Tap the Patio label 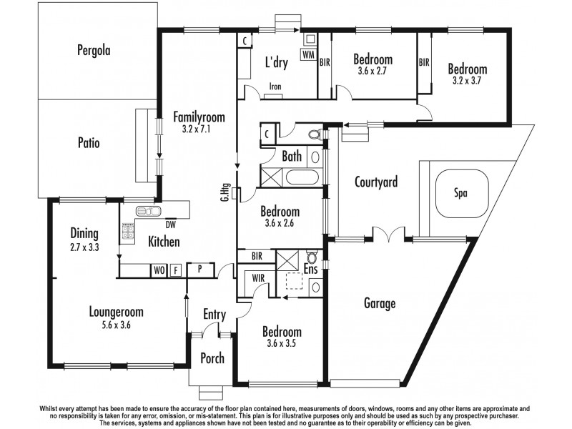click(89, 143)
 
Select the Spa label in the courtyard click(462, 192)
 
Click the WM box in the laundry click(308, 54)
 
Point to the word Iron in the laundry click(275, 87)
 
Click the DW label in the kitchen click(170, 223)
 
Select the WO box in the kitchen click(157, 270)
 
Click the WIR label click(259, 279)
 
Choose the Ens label click(310, 270)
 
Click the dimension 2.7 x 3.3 click(84, 246)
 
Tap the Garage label click(380, 304)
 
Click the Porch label click(212, 358)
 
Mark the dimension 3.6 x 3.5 click(281, 344)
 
